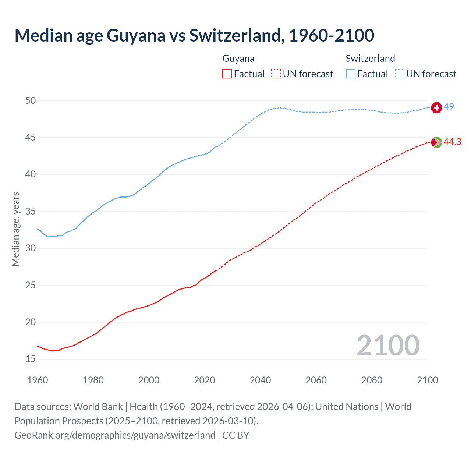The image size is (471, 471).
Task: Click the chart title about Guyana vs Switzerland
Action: tap(194, 35)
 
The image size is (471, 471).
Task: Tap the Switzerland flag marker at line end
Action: tap(436, 107)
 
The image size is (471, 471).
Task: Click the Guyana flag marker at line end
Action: tap(436, 142)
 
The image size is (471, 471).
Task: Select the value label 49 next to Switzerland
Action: tap(449, 107)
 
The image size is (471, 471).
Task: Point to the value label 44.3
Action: tap(452, 142)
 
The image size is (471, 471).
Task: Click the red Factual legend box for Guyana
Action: tap(227, 74)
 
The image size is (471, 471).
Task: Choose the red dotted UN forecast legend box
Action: tap(276, 74)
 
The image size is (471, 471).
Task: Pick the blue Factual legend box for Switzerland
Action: tap(351, 74)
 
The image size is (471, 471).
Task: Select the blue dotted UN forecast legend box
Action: tap(400, 74)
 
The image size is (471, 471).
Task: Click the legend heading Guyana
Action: tap(238, 59)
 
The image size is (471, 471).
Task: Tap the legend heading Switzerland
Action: tap(370, 59)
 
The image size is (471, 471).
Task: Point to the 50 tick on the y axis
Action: tap(31, 100)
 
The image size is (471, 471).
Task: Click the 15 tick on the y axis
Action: tap(31, 359)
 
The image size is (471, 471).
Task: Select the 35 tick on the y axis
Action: tap(31, 211)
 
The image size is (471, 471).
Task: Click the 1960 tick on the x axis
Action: tap(38, 380)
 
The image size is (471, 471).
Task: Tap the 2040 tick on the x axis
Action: tap(260, 380)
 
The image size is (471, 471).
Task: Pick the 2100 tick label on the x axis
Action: tap(427, 380)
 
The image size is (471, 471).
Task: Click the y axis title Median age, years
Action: tap(15, 229)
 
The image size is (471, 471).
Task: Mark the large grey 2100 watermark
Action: tap(388, 345)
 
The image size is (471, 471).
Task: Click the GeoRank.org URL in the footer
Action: tap(115, 435)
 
